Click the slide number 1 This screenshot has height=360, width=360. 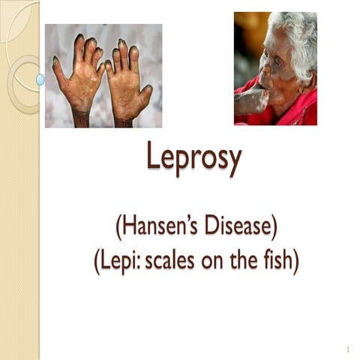click(x=349, y=349)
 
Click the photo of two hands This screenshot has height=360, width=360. click(x=103, y=75)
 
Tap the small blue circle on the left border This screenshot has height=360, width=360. click(x=40, y=79)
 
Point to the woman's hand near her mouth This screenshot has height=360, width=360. click(x=251, y=97)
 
